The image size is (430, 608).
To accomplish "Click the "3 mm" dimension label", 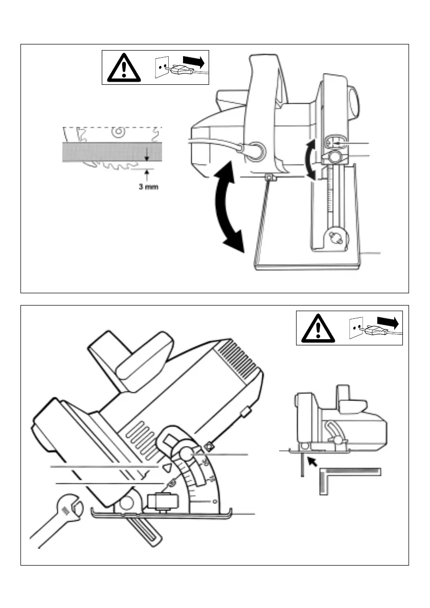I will [x=148, y=187].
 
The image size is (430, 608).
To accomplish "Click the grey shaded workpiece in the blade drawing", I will [x=112, y=152].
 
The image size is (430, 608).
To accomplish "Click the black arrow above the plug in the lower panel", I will [x=388, y=321].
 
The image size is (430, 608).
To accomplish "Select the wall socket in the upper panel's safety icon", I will [x=162, y=67].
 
